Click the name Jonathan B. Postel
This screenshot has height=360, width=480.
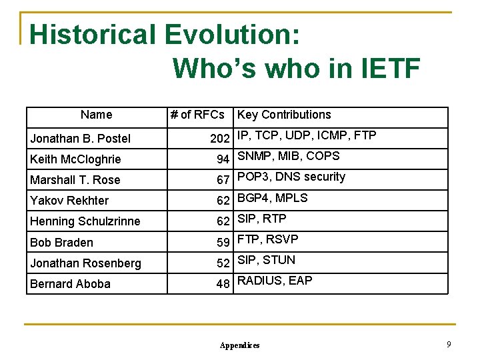click(x=80, y=139)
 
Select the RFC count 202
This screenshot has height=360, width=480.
click(x=219, y=139)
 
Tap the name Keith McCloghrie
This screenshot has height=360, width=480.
click(x=75, y=159)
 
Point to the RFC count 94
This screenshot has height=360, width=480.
click(x=223, y=159)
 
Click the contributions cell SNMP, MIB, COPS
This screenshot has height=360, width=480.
click(x=288, y=156)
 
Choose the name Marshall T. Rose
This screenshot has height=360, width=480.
click(x=75, y=180)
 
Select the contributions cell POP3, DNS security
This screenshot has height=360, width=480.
click(x=291, y=177)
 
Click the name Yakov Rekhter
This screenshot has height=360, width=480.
click(x=69, y=201)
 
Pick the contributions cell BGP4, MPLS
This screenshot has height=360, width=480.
click(x=273, y=198)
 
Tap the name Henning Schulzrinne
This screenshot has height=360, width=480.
click(x=85, y=221)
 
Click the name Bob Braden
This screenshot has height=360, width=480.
click(x=61, y=243)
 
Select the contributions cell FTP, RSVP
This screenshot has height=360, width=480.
click(x=268, y=239)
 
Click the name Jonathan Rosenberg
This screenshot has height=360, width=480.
click(x=85, y=263)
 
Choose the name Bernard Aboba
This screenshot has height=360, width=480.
click(x=70, y=284)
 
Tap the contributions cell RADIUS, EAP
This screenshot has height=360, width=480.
click(x=275, y=281)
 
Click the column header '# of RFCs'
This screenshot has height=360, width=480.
click(x=197, y=115)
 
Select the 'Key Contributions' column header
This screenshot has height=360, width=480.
click(x=284, y=115)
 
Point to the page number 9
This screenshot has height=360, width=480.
click(x=449, y=344)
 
